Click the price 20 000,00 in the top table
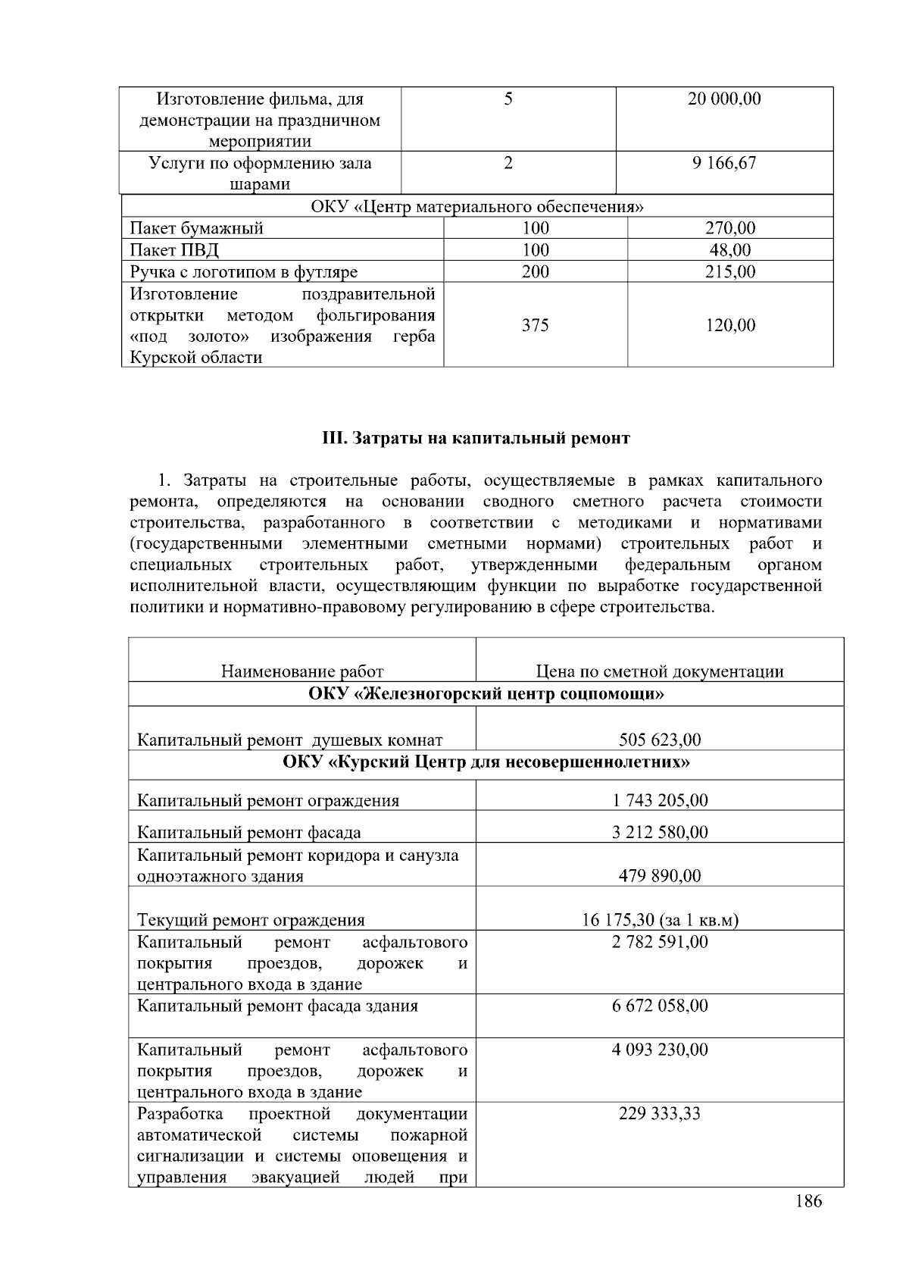(x=723, y=99)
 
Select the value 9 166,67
(x=723, y=163)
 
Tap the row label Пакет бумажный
(x=197, y=228)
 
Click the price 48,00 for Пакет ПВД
(x=730, y=250)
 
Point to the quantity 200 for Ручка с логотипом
(x=535, y=272)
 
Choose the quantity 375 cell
(x=535, y=325)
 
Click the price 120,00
(x=730, y=325)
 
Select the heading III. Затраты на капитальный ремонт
(x=476, y=439)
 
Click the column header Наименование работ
(x=302, y=671)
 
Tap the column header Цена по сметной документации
(x=659, y=671)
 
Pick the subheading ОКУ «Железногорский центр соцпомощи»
(x=486, y=694)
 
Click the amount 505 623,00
(x=660, y=740)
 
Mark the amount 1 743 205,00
(x=660, y=800)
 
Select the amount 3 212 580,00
(x=660, y=832)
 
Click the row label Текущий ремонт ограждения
(x=251, y=920)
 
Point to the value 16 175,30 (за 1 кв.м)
(x=660, y=920)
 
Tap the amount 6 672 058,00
(x=660, y=1006)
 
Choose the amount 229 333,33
(x=660, y=1113)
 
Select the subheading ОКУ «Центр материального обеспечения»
(x=477, y=207)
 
